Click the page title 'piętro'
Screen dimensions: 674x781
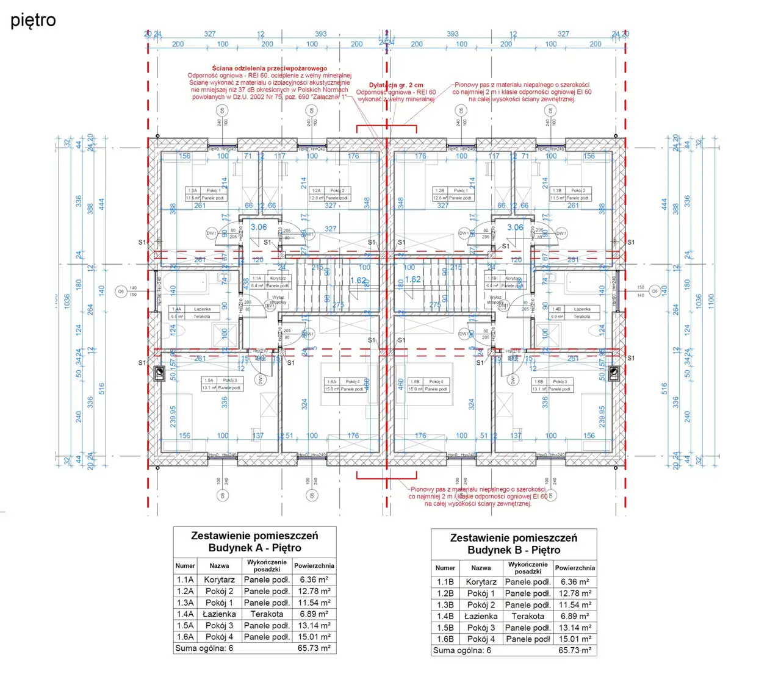(33, 21)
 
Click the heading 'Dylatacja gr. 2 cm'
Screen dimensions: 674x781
(395, 85)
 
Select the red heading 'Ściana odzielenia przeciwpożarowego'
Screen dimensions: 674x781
(270, 68)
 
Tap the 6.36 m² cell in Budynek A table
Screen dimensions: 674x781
(314, 580)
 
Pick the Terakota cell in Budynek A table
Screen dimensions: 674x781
(267, 614)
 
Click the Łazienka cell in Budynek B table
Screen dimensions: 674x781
(481, 616)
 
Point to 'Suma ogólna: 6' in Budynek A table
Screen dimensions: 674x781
(204, 648)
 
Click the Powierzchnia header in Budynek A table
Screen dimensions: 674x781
(314, 565)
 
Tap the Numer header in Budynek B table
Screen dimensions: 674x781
(445, 568)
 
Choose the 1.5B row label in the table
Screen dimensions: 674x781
(445, 628)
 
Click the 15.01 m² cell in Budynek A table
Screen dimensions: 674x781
(314, 637)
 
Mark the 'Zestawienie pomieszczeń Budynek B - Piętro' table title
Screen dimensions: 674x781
(514, 543)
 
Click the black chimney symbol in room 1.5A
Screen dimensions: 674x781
(160, 373)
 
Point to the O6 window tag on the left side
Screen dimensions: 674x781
(121, 292)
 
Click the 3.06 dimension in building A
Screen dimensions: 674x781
(259, 227)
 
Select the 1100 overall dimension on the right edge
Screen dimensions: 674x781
(711, 300)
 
